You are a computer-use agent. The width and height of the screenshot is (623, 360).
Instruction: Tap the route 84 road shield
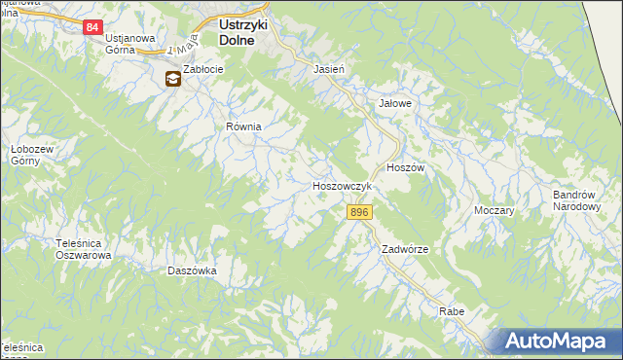(x=92, y=27)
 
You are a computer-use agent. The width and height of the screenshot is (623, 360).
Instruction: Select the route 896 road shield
(x=359, y=212)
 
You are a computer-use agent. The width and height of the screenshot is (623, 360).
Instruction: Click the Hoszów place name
(x=406, y=167)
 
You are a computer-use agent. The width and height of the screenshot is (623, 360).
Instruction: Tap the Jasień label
(x=329, y=70)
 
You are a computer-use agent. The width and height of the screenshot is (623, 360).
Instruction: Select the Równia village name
(x=245, y=126)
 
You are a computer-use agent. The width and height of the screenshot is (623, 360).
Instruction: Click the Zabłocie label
(x=204, y=71)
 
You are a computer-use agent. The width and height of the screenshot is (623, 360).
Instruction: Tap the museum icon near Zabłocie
(x=172, y=80)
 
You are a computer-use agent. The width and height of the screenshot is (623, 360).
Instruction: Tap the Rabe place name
(x=452, y=311)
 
